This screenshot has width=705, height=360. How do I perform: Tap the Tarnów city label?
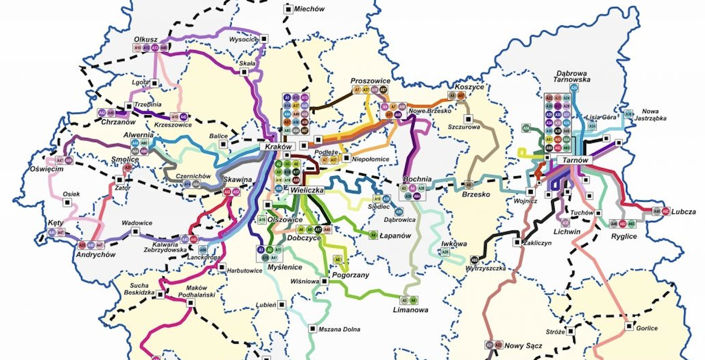(575, 160)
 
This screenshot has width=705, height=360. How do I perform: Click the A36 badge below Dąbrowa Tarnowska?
(574, 88)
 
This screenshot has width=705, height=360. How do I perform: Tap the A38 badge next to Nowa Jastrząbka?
(628, 114)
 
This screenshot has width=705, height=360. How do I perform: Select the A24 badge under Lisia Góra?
(592, 126)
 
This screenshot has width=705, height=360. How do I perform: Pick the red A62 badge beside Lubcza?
(665, 212)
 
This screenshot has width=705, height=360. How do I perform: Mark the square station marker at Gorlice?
(629, 326)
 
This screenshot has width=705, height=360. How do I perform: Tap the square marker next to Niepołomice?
(346, 158)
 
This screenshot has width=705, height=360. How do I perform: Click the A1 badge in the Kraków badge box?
(287, 97)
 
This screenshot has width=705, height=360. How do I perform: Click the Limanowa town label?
(410, 310)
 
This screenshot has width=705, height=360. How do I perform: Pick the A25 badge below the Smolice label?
(127, 167)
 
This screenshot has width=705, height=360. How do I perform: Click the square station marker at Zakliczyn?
(516, 243)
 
